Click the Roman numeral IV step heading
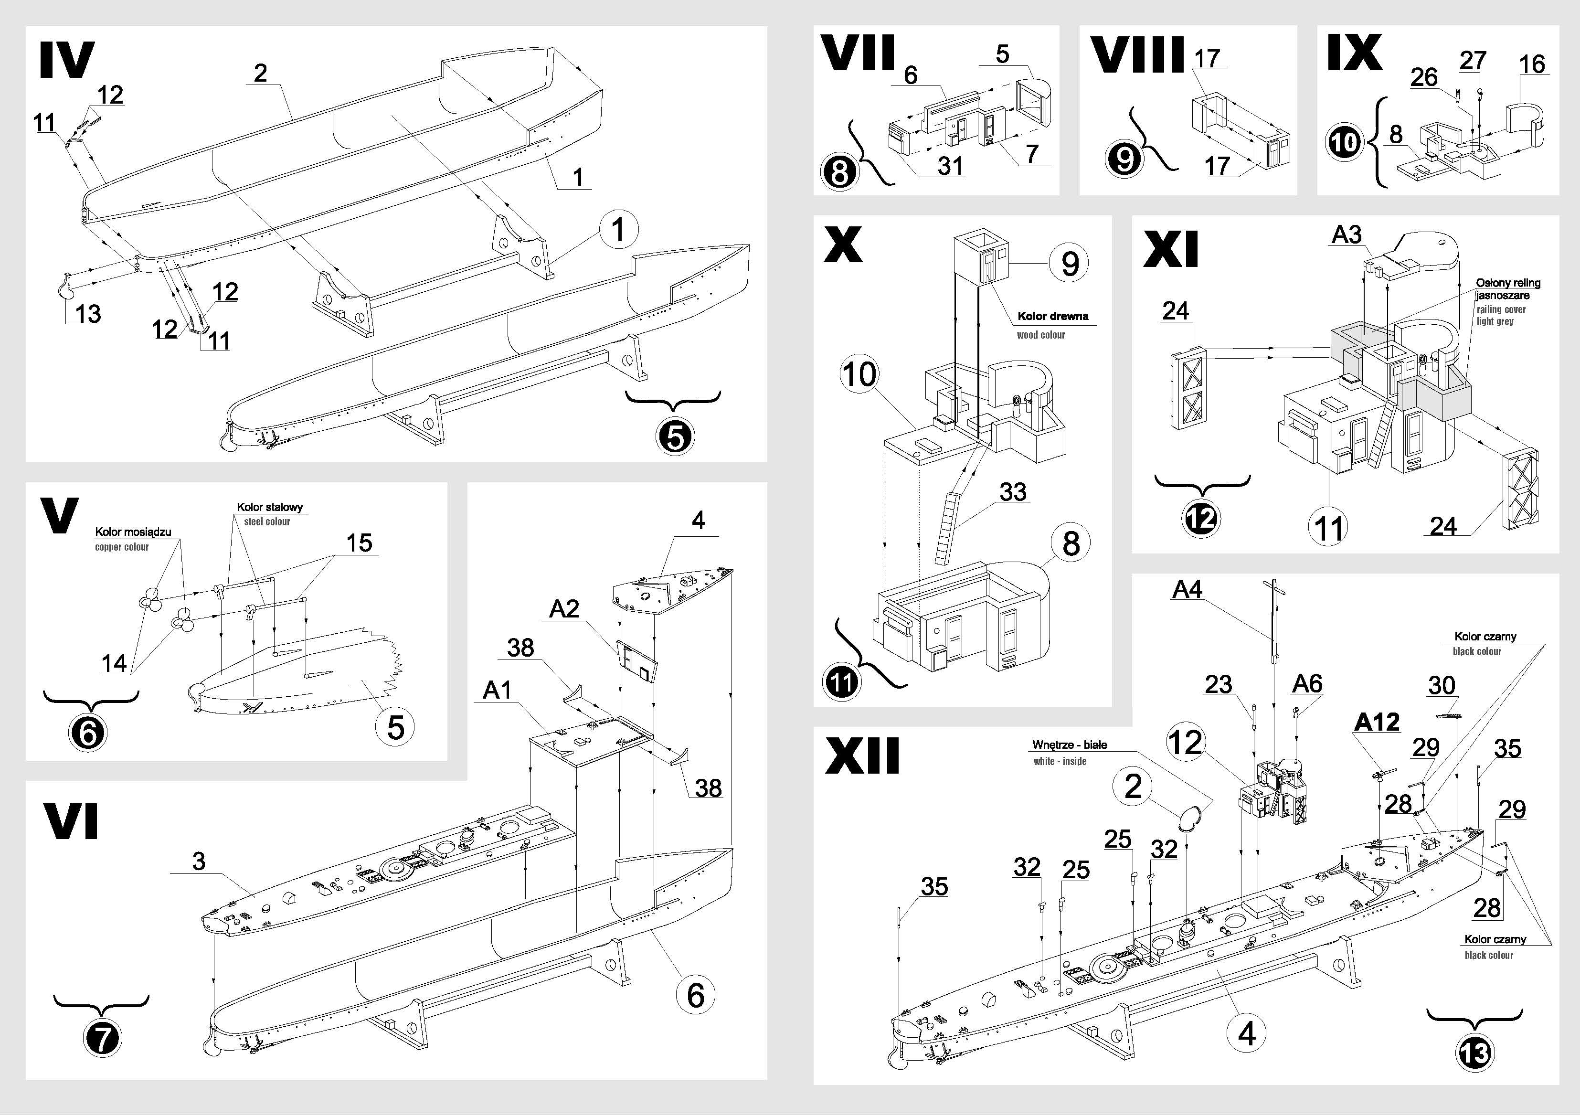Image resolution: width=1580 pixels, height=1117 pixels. pyautogui.click(x=67, y=61)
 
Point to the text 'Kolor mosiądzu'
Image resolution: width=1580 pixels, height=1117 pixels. pyautogui.click(x=133, y=532)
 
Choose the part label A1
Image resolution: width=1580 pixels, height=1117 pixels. pyautogui.click(x=498, y=690)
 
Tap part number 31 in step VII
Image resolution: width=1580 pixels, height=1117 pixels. pyautogui.click(x=950, y=166)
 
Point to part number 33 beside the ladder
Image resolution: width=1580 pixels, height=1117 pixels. pyautogui.click(x=1013, y=492)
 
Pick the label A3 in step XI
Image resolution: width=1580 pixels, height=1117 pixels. pyautogui.click(x=1347, y=234)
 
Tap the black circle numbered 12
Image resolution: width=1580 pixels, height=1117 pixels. pyautogui.click(x=1201, y=518)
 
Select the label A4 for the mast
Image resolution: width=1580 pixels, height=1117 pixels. pyautogui.click(x=1187, y=590)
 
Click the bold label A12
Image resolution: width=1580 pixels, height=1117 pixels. pyautogui.click(x=1377, y=723)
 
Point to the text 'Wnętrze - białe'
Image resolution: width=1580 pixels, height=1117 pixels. pyautogui.click(x=1070, y=745)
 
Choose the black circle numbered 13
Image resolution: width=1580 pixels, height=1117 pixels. pyautogui.click(x=1474, y=1053)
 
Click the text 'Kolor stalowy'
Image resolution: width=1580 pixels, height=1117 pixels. pyautogui.click(x=270, y=507)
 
